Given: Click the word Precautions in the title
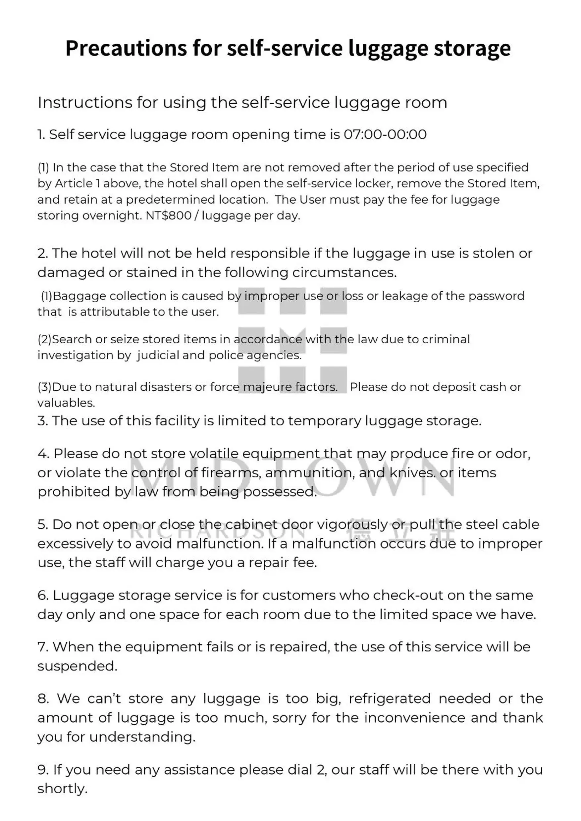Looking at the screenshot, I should [x=126, y=49].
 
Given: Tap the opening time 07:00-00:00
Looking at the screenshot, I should [x=385, y=135].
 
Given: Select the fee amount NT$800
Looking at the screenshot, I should [x=169, y=216].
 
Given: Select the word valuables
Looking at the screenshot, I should [x=66, y=403].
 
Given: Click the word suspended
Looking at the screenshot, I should [x=77, y=666].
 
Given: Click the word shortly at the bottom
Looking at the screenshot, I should [x=62, y=789].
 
